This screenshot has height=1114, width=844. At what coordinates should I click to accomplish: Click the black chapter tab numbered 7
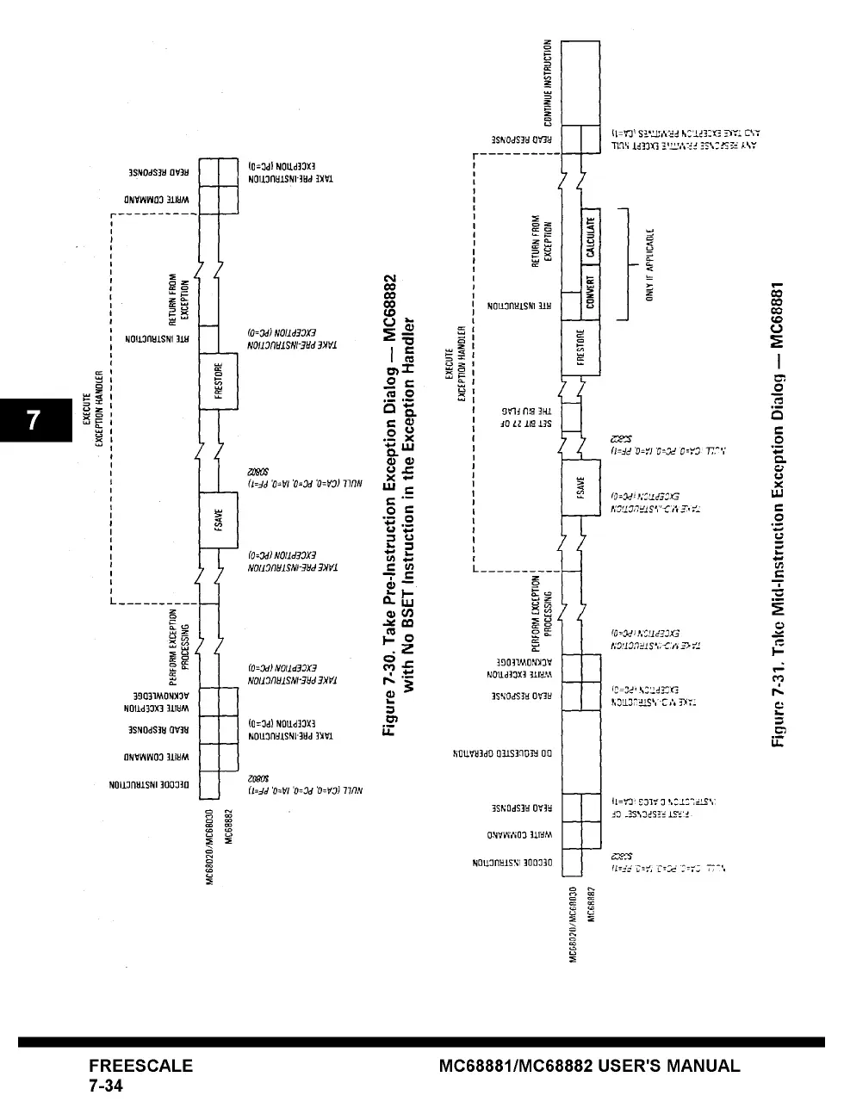pos(34,419)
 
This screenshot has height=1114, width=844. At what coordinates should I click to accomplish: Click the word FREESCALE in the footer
pos(140,1065)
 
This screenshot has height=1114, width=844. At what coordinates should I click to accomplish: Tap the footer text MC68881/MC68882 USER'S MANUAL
pos(589,1065)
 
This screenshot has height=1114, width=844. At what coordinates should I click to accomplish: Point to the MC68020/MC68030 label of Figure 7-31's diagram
pos(573,925)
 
